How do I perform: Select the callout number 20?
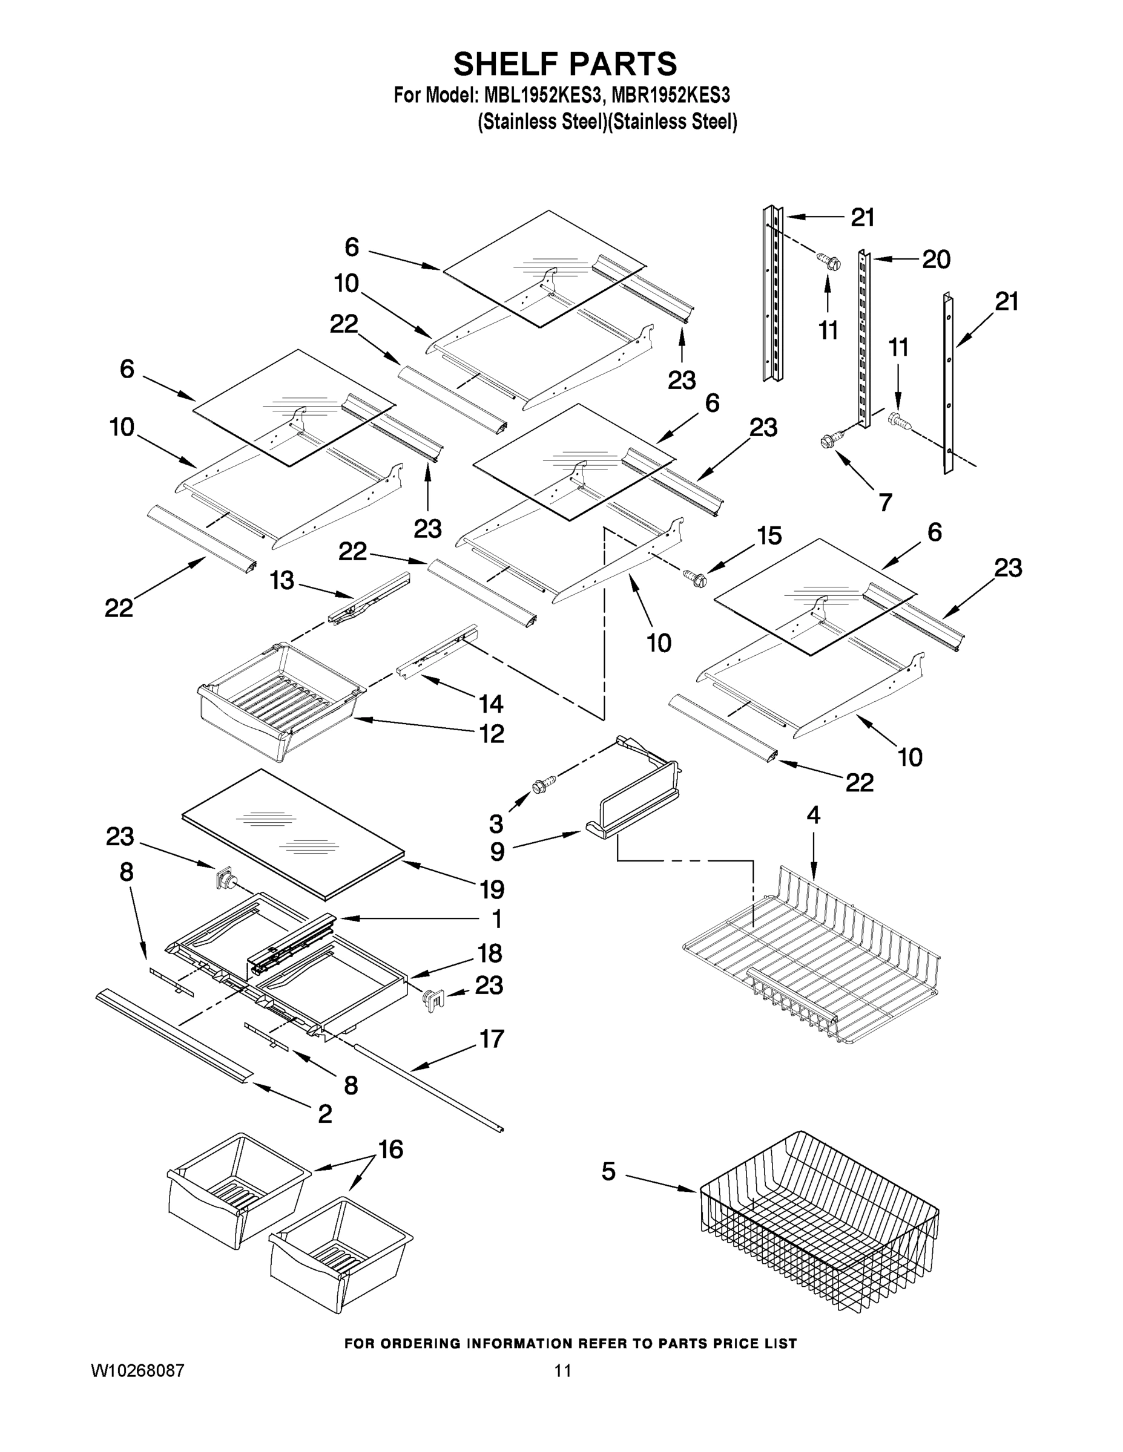pyautogui.click(x=935, y=260)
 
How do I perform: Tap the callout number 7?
pyautogui.click(x=885, y=502)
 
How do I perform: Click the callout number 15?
pyautogui.click(x=769, y=536)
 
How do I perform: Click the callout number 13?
pyautogui.click(x=282, y=580)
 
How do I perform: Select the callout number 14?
pyautogui.click(x=491, y=704)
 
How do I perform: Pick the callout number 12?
pyautogui.click(x=492, y=734)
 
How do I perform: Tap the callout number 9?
pyautogui.click(x=497, y=852)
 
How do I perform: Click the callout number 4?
pyautogui.click(x=813, y=815)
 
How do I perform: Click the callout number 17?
pyautogui.click(x=492, y=1038)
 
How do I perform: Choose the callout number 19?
pyautogui.click(x=492, y=889)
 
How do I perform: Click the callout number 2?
pyautogui.click(x=324, y=1114)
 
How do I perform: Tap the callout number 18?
pyautogui.click(x=490, y=953)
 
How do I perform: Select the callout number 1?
pyautogui.click(x=496, y=920)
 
